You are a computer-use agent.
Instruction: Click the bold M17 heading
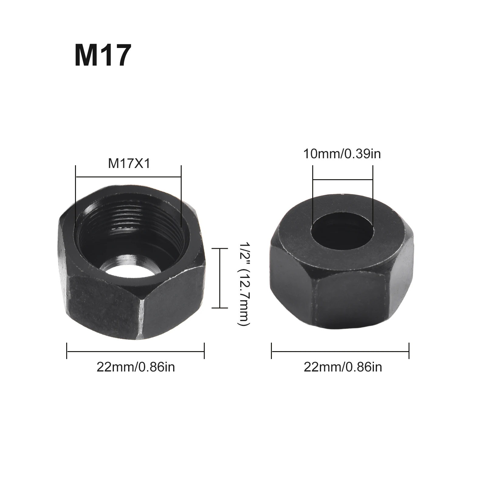pos(103,56)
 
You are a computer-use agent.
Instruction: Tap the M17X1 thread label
pos(129,164)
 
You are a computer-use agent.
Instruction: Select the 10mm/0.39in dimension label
pos(342,154)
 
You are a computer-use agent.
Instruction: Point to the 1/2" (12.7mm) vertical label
pos(243,284)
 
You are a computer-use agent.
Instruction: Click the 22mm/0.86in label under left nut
pos(136,367)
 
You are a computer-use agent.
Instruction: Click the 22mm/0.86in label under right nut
pos(343,367)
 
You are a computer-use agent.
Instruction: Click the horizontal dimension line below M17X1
pos(128,176)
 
